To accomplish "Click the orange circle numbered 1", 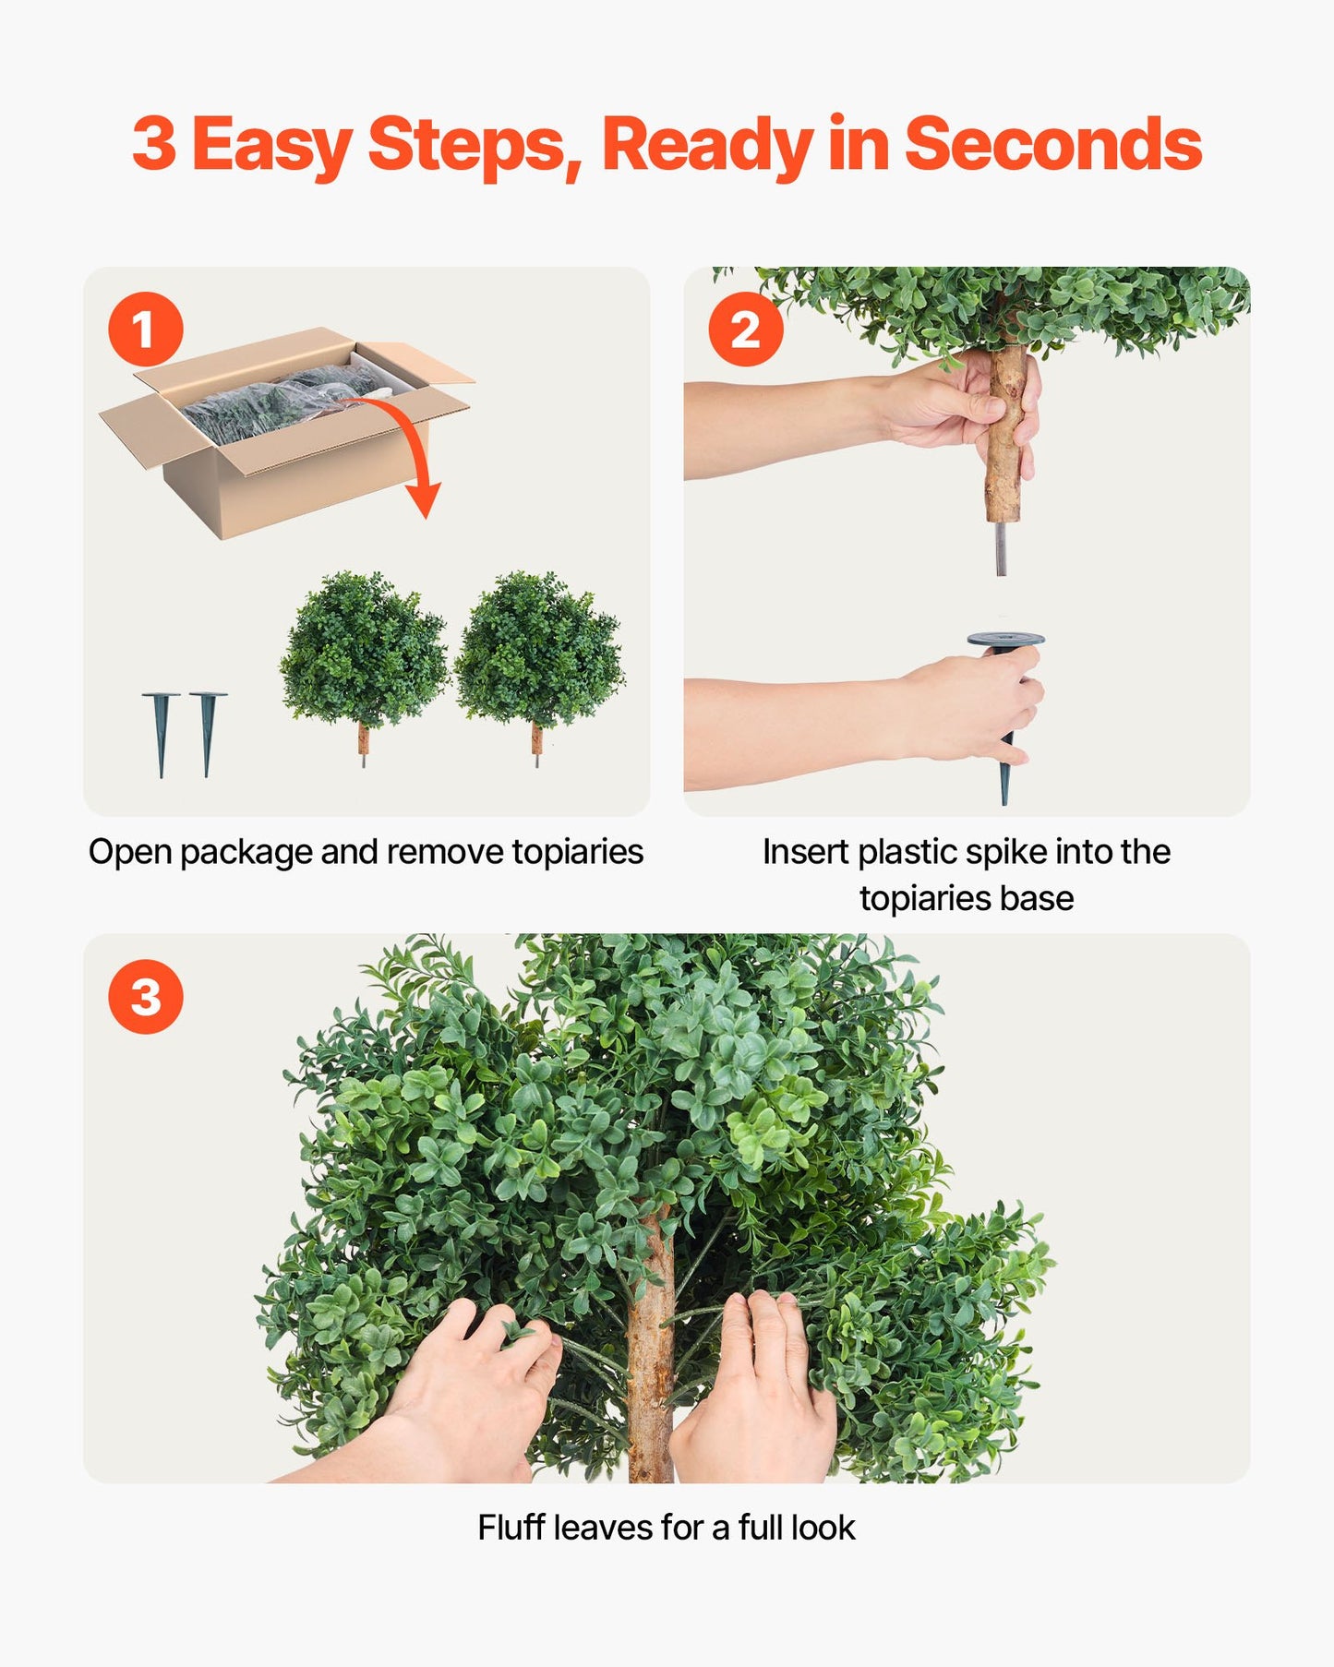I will (145, 330).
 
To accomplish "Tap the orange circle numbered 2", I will (745, 330).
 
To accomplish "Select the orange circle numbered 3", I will (145, 997).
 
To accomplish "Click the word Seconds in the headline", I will (1052, 145).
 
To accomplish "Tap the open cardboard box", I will (277, 443).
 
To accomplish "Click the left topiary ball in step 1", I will (363, 651).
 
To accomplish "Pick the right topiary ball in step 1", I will (538, 651).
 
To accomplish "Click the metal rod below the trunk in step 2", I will (1001, 549).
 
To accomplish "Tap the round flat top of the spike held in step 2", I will (1005, 640).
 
